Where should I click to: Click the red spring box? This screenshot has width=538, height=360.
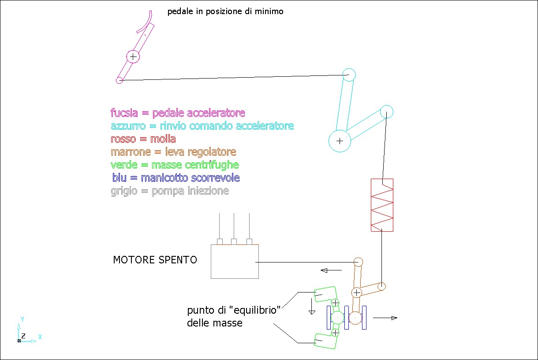click(x=382, y=205)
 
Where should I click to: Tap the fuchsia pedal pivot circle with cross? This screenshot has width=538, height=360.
click(x=133, y=57)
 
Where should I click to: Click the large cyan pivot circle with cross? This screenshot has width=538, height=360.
click(x=340, y=141)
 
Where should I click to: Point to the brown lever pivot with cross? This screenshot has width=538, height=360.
click(x=357, y=292)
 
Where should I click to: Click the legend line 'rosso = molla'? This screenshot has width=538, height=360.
click(x=143, y=139)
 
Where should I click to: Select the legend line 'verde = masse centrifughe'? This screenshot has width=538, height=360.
click(x=175, y=165)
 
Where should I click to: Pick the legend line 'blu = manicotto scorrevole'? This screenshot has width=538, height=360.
click(x=176, y=178)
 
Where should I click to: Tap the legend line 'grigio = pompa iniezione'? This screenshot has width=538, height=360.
click(x=170, y=191)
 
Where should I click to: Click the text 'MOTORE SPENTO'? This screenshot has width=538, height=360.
click(x=155, y=260)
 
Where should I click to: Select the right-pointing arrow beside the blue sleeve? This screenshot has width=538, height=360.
click(x=385, y=318)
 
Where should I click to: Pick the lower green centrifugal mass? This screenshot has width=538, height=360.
click(x=325, y=341)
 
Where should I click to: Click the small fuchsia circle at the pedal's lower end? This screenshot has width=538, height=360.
click(x=119, y=80)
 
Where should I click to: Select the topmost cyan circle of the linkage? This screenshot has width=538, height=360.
click(x=349, y=75)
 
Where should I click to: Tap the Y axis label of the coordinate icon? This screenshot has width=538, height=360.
click(x=22, y=319)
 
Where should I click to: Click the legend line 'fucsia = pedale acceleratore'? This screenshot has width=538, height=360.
click(x=178, y=113)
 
